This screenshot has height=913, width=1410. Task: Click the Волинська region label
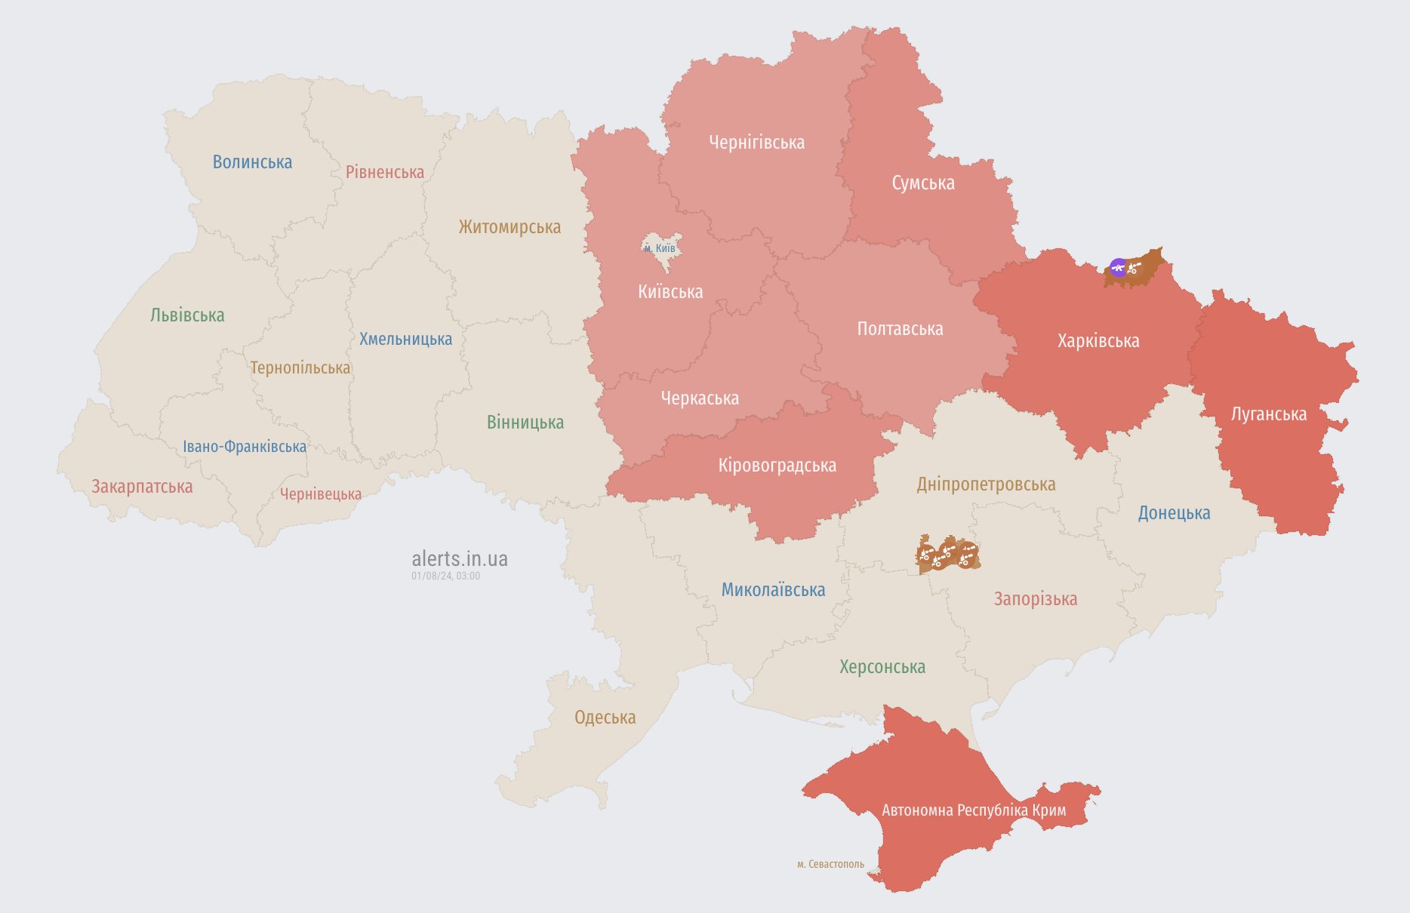252,162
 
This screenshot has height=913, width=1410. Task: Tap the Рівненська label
385,172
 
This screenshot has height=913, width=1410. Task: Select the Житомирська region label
510,227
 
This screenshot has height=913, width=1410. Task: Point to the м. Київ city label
660,248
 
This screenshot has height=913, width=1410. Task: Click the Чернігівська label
756,143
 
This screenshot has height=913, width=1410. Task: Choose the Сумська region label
922,183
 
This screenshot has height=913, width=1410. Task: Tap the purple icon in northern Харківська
1118,267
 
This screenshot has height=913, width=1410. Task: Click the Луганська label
1268,414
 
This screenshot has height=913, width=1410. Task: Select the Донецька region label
1174,513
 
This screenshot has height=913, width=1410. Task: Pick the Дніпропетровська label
986,484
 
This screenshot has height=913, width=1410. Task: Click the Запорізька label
1035,599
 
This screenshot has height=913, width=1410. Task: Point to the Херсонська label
882,667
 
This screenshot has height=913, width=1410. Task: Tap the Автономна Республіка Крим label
974,810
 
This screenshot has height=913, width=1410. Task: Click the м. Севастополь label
830,864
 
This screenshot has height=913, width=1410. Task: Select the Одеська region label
605,718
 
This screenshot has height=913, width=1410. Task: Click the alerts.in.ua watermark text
459,559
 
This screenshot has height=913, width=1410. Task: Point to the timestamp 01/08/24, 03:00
445,576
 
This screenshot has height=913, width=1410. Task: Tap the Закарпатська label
142,487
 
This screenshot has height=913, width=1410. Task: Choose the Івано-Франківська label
245,447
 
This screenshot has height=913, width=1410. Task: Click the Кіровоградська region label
777,466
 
